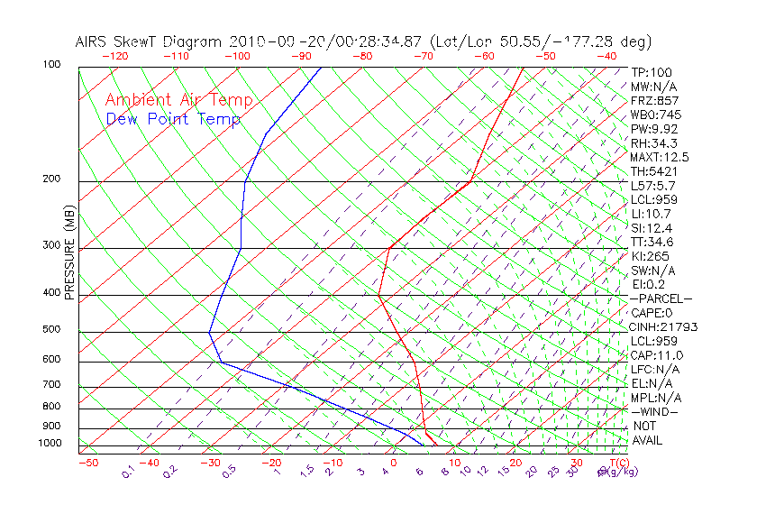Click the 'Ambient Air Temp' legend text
coord(178,100)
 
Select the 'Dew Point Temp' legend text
coord(173,119)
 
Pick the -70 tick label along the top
coord(422,56)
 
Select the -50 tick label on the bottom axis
coord(88,463)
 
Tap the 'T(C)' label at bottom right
coord(618,463)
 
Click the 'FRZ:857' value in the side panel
coord(654,100)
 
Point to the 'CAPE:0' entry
coord(652,312)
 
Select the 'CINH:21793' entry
coord(663,326)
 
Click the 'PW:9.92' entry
coord(653,129)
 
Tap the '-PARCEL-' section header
coord(661,298)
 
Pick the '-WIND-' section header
coord(654,411)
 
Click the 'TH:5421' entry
coord(653,171)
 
